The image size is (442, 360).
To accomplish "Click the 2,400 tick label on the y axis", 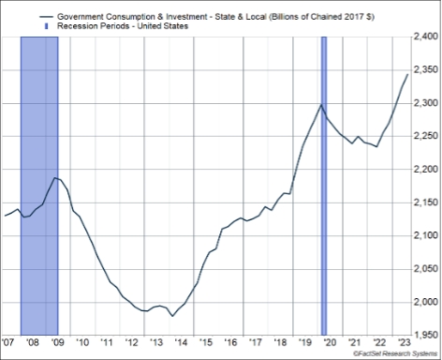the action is (425, 37).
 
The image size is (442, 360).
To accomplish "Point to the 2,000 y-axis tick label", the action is (425, 302).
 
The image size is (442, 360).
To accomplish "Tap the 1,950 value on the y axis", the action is (425, 335).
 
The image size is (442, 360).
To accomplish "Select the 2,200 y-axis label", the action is (425, 170).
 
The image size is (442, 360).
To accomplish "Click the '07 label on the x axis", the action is (8, 342).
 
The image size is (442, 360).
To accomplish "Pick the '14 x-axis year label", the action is (181, 342).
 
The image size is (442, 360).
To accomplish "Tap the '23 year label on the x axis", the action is (404, 341).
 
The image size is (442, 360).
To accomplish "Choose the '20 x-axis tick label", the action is (330, 342).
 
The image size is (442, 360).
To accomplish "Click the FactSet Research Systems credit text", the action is (395, 353).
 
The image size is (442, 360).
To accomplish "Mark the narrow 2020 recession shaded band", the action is (324, 186).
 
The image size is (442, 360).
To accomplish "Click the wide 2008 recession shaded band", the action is (39, 186).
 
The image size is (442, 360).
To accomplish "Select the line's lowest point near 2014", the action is (172, 316).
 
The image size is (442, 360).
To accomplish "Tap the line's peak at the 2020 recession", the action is (321, 105).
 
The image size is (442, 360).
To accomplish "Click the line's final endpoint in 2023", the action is (407, 74).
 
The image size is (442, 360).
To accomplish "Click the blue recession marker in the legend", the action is (47, 26).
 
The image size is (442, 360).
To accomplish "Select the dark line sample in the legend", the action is (46, 17).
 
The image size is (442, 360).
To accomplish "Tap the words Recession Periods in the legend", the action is (93, 26).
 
